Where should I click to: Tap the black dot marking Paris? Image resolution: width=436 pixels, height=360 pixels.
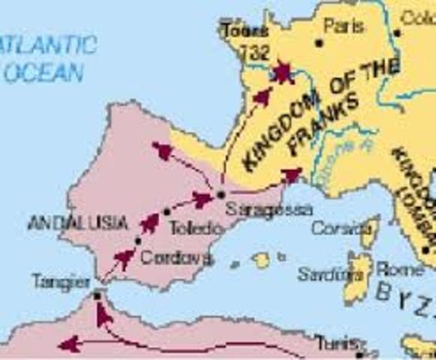click(319, 43)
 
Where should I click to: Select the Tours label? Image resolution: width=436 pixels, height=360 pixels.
click(245, 31)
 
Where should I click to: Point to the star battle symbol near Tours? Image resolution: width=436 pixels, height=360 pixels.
click(282, 72)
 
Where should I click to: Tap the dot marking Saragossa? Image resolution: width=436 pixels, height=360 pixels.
click(221, 194)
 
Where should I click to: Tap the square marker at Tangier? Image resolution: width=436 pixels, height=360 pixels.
click(98, 296)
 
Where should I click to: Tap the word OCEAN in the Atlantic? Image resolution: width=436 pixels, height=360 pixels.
click(43, 72)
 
